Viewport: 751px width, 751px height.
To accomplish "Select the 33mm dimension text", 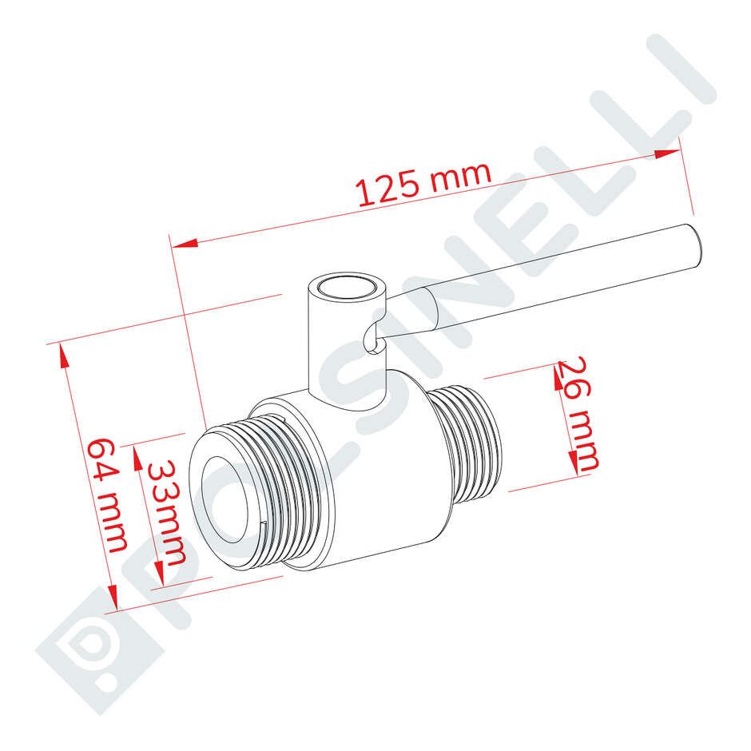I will tap(168, 511).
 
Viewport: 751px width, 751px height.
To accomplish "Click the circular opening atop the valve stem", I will tap(346, 288).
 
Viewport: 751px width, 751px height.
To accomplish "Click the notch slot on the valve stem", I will tap(369, 340).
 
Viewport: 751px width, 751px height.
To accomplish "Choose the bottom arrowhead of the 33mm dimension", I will tap(160, 576).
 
